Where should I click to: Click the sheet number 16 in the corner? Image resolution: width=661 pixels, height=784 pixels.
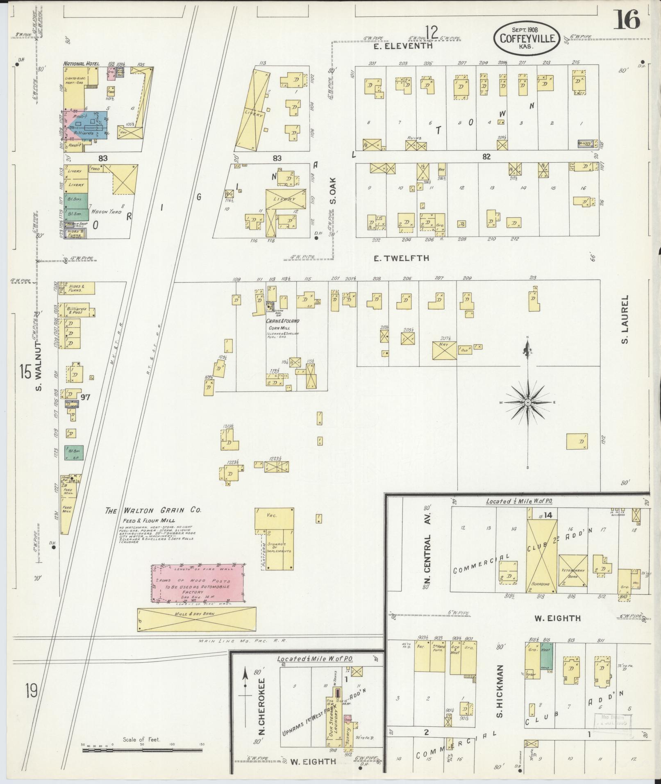(x=626, y=19)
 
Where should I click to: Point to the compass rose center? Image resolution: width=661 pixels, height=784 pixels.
(x=527, y=403)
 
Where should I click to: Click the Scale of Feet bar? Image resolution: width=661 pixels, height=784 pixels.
(x=142, y=750)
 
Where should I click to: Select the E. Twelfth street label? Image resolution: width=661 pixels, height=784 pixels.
(x=402, y=258)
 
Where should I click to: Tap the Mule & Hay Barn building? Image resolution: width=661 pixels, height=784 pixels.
(x=196, y=619)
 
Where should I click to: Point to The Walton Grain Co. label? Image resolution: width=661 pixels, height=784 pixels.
(x=154, y=511)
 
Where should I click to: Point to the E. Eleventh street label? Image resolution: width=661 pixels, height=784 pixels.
(x=403, y=46)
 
